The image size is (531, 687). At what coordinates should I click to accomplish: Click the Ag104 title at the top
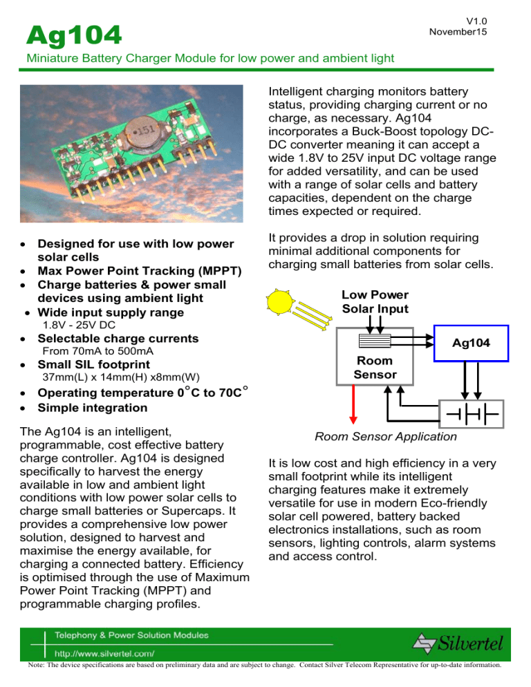coord(72,32)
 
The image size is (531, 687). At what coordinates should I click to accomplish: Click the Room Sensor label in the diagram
coord(375,367)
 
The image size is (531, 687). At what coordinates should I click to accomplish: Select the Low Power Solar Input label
coord(375,301)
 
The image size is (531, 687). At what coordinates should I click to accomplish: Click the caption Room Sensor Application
coord(385,437)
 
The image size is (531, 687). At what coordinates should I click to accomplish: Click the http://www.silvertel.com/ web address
coord(104,652)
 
